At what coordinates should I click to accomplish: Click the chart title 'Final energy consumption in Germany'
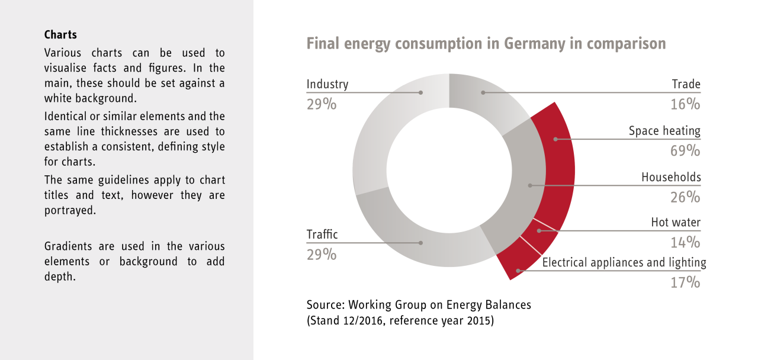coord(486,44)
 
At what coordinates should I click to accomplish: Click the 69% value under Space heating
coord(685,150)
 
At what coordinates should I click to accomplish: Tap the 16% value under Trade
coord(685,104)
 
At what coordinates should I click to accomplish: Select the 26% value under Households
coord(685,197)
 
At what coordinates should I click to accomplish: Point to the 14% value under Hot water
coord(685,242)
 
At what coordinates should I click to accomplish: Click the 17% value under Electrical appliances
coord(685,282)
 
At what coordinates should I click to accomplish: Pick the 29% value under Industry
coord(322,104)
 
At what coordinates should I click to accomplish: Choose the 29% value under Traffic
coord(322,254)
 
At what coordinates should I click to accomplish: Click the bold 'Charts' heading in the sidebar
coord(60,35)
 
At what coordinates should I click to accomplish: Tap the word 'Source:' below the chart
coord(326,305)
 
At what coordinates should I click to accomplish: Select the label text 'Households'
coord(671,177)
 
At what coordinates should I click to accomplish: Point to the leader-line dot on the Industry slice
coord(420,92)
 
